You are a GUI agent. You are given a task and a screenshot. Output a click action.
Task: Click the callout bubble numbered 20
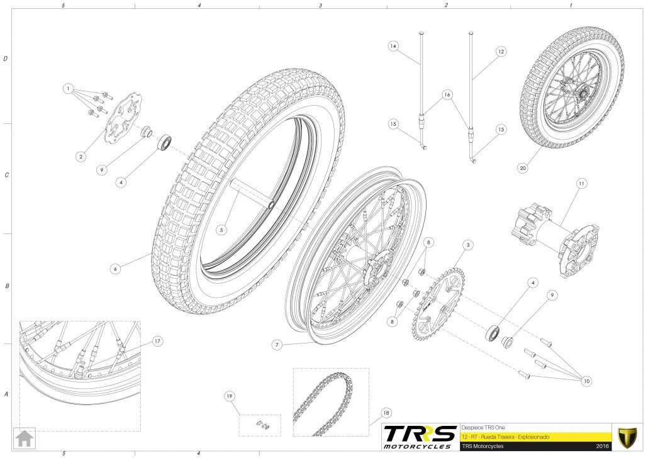point(523,168)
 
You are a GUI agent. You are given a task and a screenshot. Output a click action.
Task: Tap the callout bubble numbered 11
point(582,183)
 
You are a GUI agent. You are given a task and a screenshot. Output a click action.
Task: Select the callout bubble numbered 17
point(157,341)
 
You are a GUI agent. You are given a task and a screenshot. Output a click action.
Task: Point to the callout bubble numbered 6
point(115,269)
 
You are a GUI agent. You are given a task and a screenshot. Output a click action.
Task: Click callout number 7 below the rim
point(277,345)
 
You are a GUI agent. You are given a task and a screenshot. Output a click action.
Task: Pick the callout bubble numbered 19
point(230,396)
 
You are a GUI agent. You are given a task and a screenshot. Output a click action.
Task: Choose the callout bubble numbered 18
point(386,413)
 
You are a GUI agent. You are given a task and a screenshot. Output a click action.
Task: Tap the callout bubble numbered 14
point(393,46)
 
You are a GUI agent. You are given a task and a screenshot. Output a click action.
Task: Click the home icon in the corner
point(25,438)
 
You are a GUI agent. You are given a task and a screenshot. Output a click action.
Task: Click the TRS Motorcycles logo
point(419,437)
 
